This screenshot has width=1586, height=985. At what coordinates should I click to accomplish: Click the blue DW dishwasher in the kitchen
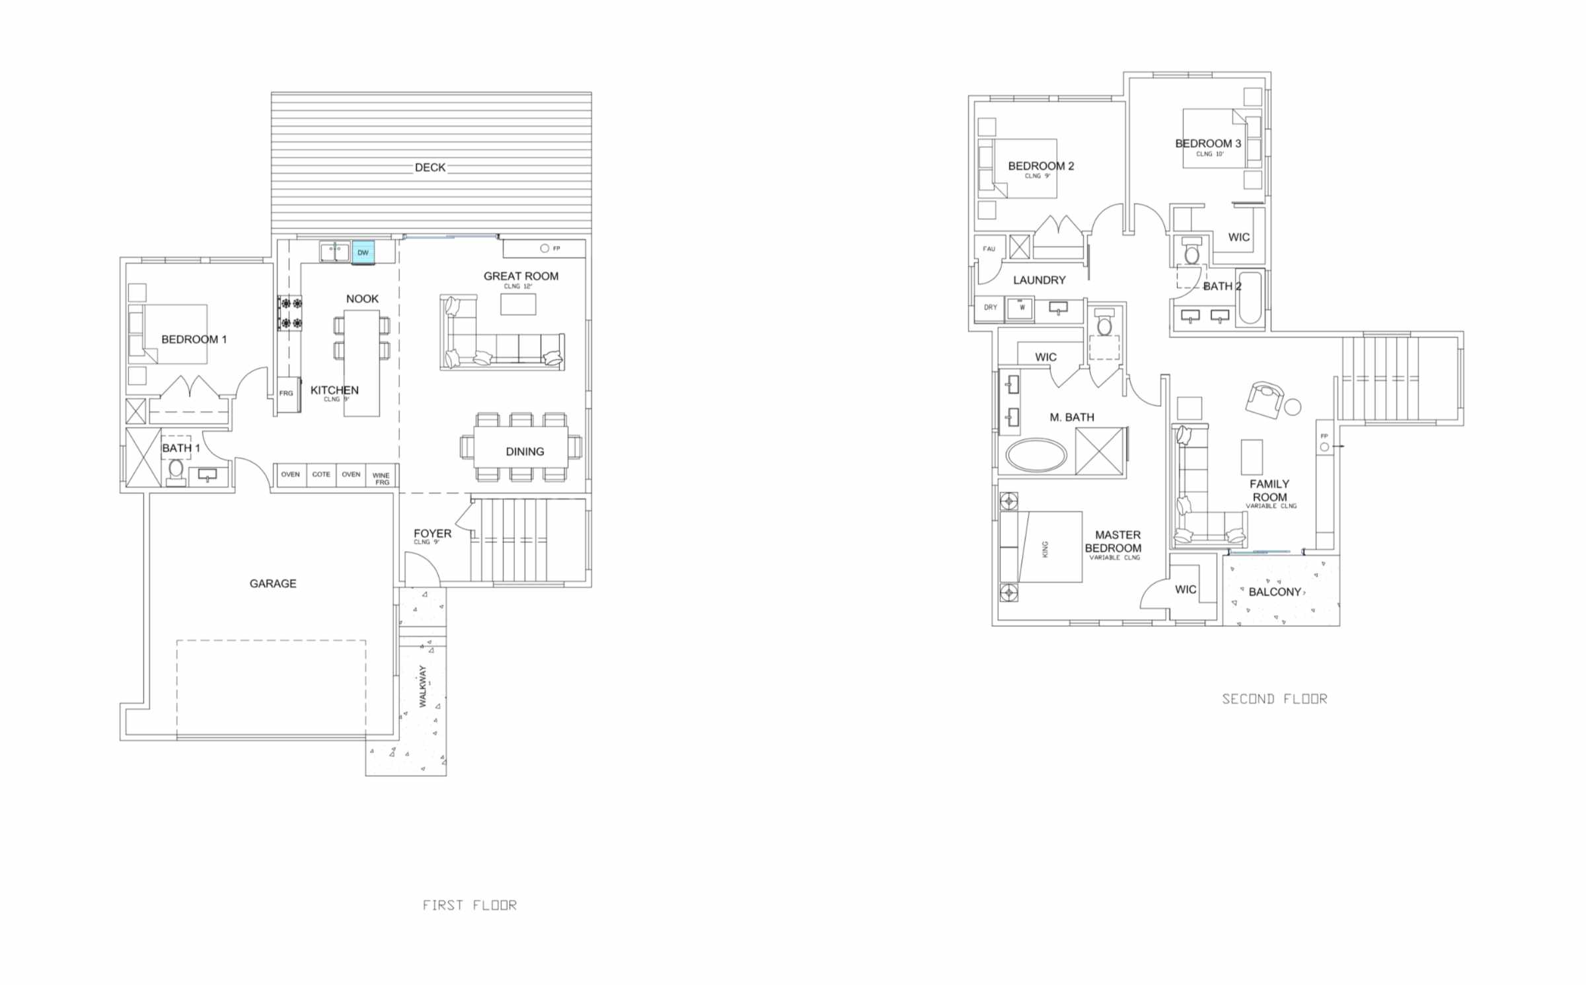363,252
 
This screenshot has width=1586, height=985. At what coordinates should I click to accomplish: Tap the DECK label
430,168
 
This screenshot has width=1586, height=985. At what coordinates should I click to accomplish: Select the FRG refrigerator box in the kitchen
286,394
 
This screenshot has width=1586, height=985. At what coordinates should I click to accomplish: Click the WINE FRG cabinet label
381,478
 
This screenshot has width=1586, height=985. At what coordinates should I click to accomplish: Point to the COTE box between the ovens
321,474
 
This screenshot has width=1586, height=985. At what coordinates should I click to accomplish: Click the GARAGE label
273,583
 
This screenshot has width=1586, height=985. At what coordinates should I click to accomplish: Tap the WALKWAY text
423,686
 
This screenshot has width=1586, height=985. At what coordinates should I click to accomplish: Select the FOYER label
432,533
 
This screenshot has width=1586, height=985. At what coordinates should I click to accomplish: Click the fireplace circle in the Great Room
545,248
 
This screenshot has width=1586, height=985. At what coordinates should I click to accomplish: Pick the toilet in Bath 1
176,470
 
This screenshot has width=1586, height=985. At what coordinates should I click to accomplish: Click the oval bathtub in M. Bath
1036,455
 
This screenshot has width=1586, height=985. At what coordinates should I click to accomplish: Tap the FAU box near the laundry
989,249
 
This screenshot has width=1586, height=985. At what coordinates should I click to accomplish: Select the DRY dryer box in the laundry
990,308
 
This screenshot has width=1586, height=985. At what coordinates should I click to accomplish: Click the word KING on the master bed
1045,549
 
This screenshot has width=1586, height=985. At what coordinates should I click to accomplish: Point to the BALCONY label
1275,592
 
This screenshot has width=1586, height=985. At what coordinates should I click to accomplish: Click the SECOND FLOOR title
1274,699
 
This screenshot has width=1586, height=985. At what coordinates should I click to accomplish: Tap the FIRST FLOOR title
470,905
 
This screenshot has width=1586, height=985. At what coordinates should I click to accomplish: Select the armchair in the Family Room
1264,399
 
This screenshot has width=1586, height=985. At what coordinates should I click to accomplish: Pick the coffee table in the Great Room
518,305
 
